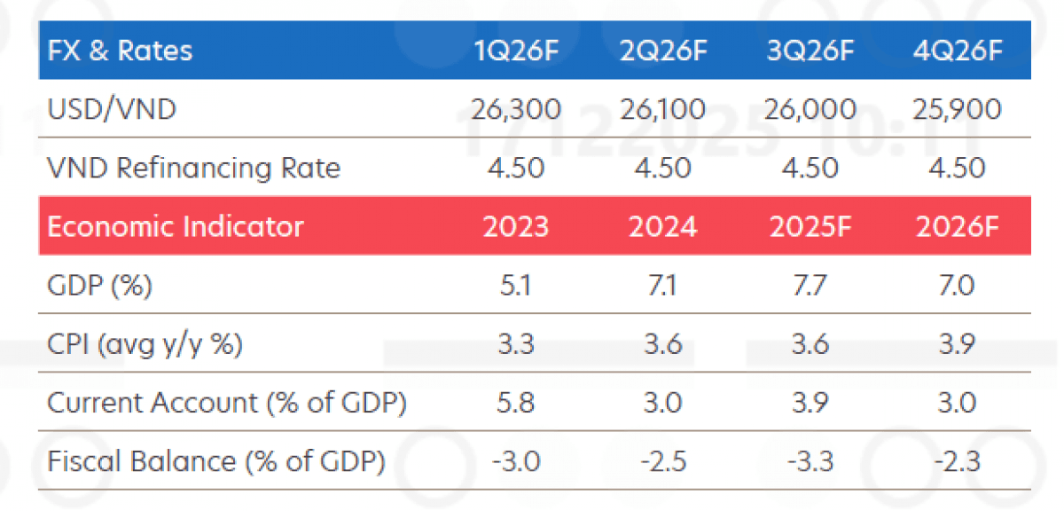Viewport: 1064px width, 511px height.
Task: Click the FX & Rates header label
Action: pyautogui.click(x=120, y=51)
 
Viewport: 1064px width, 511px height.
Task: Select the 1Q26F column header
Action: pyautogui.click(x=516, y=51)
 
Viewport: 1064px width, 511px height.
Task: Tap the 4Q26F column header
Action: pyautogui.click(x=957, y=51)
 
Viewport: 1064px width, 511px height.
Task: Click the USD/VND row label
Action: pyautogui.click(x=112, y=110)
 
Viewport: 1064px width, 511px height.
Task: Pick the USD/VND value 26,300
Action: pyautogui.click(x=516, y=110)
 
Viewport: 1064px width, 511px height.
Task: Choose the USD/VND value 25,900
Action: pyautogui.click(x=957, y=110)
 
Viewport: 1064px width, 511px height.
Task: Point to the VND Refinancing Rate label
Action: pyautogui.click(x=193, y=168)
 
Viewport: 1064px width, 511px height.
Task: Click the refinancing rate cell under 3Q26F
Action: pyautogui.click(x=810, y=168)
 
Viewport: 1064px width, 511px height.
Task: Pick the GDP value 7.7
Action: pyautogui.click(x=810, y=286)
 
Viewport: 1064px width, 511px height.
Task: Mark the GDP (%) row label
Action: pyautogui.click(x=100, y=286)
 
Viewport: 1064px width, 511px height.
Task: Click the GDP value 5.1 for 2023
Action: pyautogui.click(x=516, y=286)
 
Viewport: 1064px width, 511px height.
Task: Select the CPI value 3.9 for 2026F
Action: pyautogui.click(x=957, y=344)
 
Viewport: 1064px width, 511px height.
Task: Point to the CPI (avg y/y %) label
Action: pyautogui.click(x=145, y=344)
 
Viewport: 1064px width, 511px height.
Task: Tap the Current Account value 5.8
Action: pyautogui.click(x=516, y=403)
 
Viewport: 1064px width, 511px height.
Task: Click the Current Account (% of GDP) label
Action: pyautogui.click(x=226, y=403)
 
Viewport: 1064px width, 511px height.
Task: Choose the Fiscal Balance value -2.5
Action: pyautogui.click(x=663, y=461)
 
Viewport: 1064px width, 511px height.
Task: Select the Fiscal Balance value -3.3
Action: pyautogui.click(x=810, y=461)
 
